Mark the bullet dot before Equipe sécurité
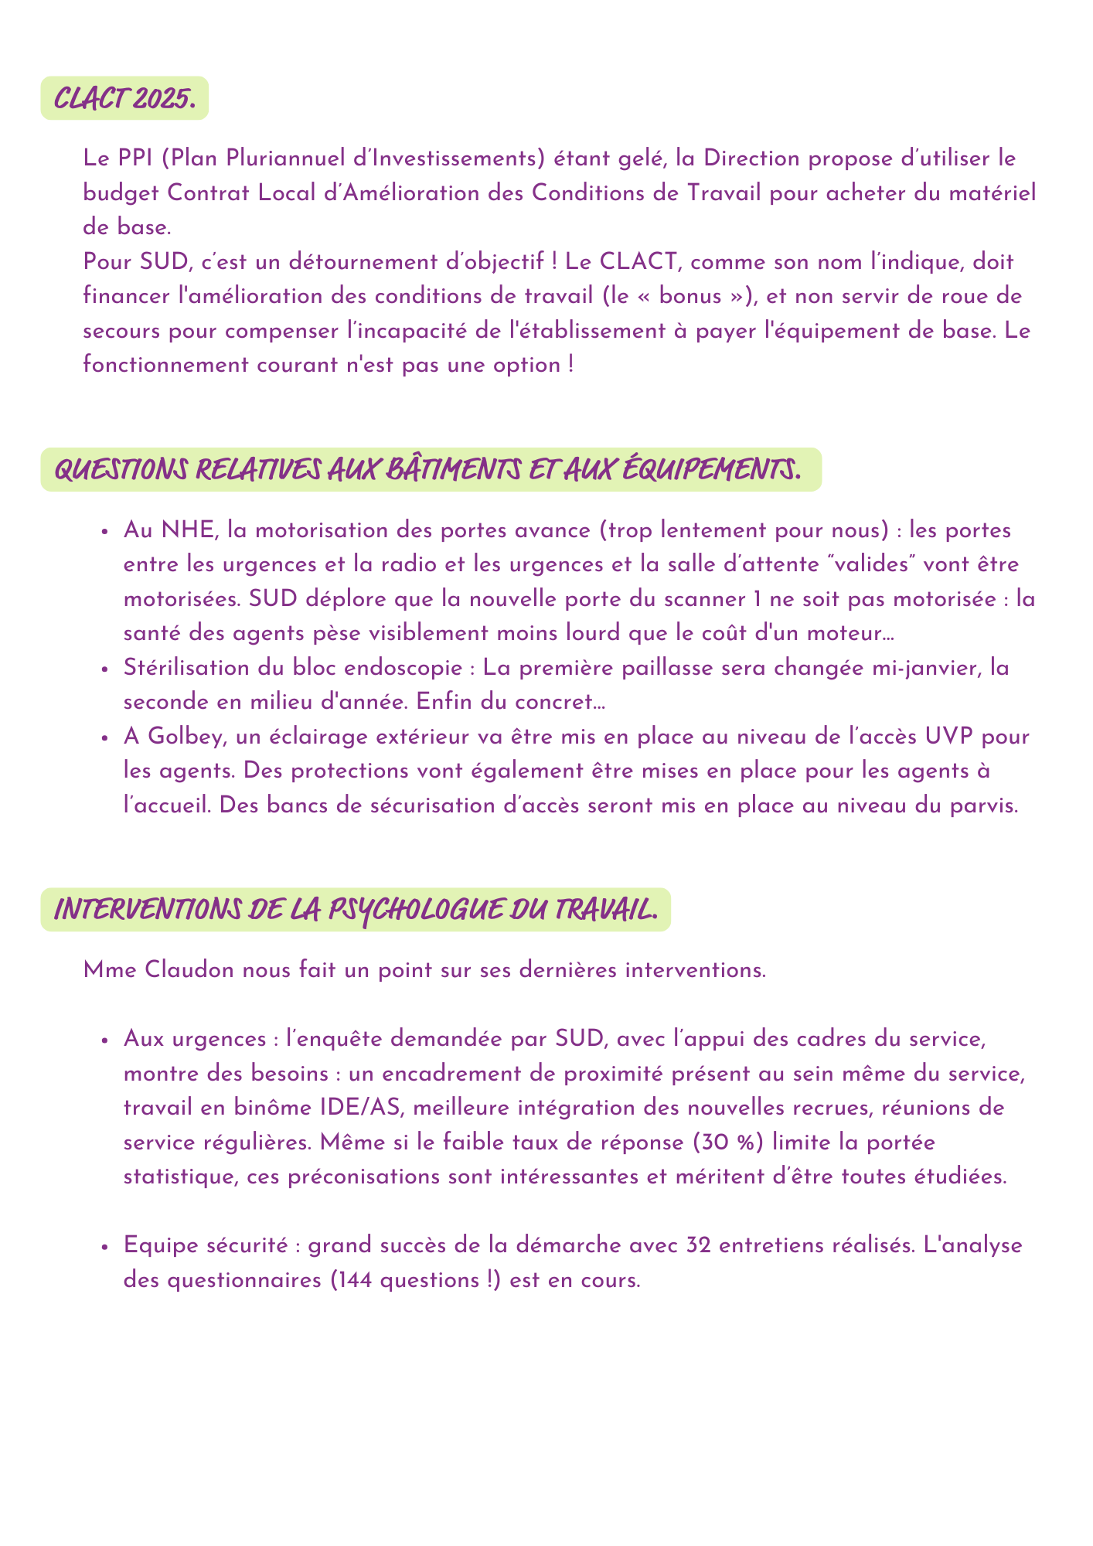pyautogui.click(x=104, y=1247)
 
